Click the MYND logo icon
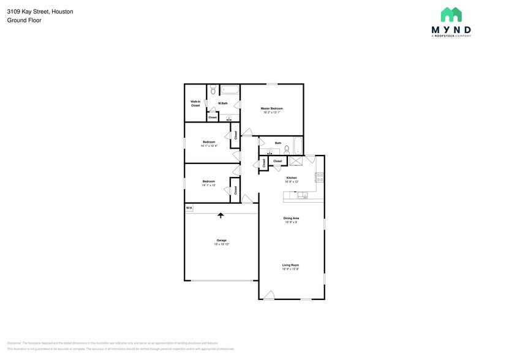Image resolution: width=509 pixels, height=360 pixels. (451, 15)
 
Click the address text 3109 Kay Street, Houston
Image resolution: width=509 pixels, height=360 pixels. (40, 12)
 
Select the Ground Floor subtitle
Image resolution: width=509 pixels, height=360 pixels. (24, 20)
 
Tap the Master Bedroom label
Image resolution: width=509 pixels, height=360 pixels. (271, 108)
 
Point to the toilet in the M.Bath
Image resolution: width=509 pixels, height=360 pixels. (213, 91)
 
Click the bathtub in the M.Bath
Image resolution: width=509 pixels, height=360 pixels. (230, 90)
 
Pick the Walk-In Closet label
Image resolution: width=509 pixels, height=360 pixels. (195, 103)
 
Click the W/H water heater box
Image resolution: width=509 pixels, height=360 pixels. (189, 208)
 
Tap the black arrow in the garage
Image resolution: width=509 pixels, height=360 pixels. (221, 215)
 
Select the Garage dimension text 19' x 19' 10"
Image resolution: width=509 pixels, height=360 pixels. (221, 244)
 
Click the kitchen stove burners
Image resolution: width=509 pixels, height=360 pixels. (319, 178)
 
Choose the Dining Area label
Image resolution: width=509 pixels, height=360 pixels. (291, 218)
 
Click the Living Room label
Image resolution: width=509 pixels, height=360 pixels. (290, 264)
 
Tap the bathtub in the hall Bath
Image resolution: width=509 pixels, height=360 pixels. (298, 146)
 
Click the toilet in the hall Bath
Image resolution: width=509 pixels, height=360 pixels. (286, 150)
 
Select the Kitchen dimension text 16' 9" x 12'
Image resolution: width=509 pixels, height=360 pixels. (291, 182)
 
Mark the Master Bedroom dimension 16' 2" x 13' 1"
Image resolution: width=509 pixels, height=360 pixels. (271, 113)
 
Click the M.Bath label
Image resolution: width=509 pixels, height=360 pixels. (223, 103)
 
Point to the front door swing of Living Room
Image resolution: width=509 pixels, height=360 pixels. (268, 294)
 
